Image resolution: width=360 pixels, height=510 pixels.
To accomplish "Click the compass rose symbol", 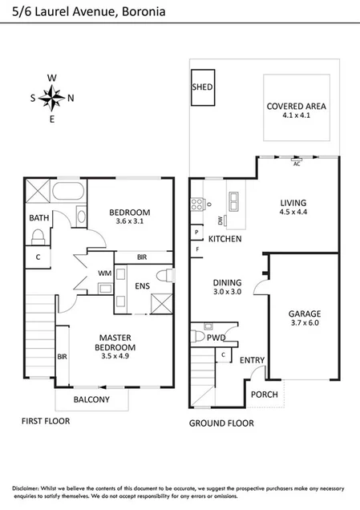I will [52, 99].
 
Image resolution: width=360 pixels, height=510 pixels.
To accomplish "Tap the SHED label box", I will [201, 87].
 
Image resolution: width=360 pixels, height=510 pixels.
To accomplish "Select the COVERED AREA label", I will [296, 106].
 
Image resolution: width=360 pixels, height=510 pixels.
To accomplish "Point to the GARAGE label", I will [305, 314].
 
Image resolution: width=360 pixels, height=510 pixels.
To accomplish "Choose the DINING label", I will [227, 282].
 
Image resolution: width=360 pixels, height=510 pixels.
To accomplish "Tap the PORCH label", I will [264, 395].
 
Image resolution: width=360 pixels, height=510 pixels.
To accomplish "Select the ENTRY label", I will [252, 361].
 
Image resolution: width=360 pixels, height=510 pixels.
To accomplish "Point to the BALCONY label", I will [91, 399].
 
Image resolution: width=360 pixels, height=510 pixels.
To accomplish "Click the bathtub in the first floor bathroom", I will [69, 193].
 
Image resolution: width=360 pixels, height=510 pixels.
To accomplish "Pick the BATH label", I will [38, 218].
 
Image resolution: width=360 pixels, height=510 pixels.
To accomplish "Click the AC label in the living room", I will [296, 164].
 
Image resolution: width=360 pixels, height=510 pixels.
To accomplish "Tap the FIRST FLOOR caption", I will [46, 420].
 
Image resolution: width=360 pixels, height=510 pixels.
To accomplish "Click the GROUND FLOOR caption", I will [221, 423].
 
